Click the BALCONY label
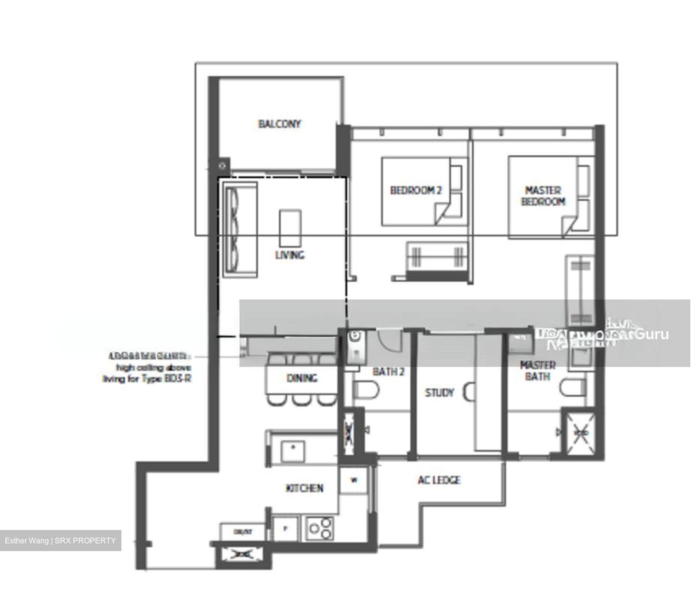280,124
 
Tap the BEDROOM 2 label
416,191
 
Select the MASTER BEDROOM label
543,196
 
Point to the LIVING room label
289,255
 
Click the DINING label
302,378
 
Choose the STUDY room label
439,393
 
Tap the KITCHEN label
304,488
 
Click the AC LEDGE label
439,480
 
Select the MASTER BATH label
537,371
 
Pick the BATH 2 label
389,371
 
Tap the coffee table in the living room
291,228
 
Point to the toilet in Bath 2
361,389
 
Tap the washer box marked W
354,481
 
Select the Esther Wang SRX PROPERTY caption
60,541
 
